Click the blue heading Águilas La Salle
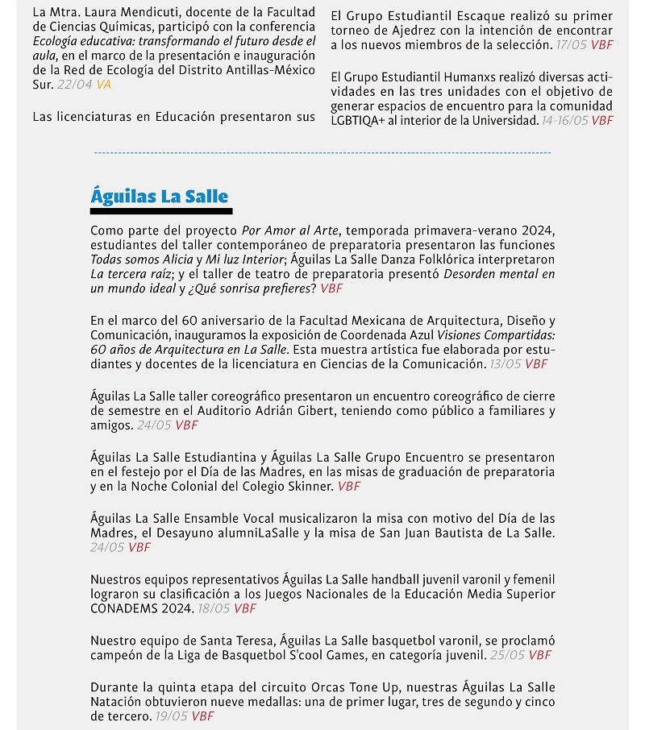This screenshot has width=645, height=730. (x=160, y=196)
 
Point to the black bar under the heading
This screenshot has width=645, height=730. (x=161, y=212)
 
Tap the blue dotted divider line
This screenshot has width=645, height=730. (x=322, y=152)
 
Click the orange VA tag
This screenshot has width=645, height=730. (x=104, y=84)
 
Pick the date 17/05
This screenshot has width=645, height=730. (x=572, y=45)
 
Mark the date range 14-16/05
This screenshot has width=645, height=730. (x=564, y=121)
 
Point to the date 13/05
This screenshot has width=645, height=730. (x=506, y=364)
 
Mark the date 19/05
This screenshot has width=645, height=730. (x=171, y=715)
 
